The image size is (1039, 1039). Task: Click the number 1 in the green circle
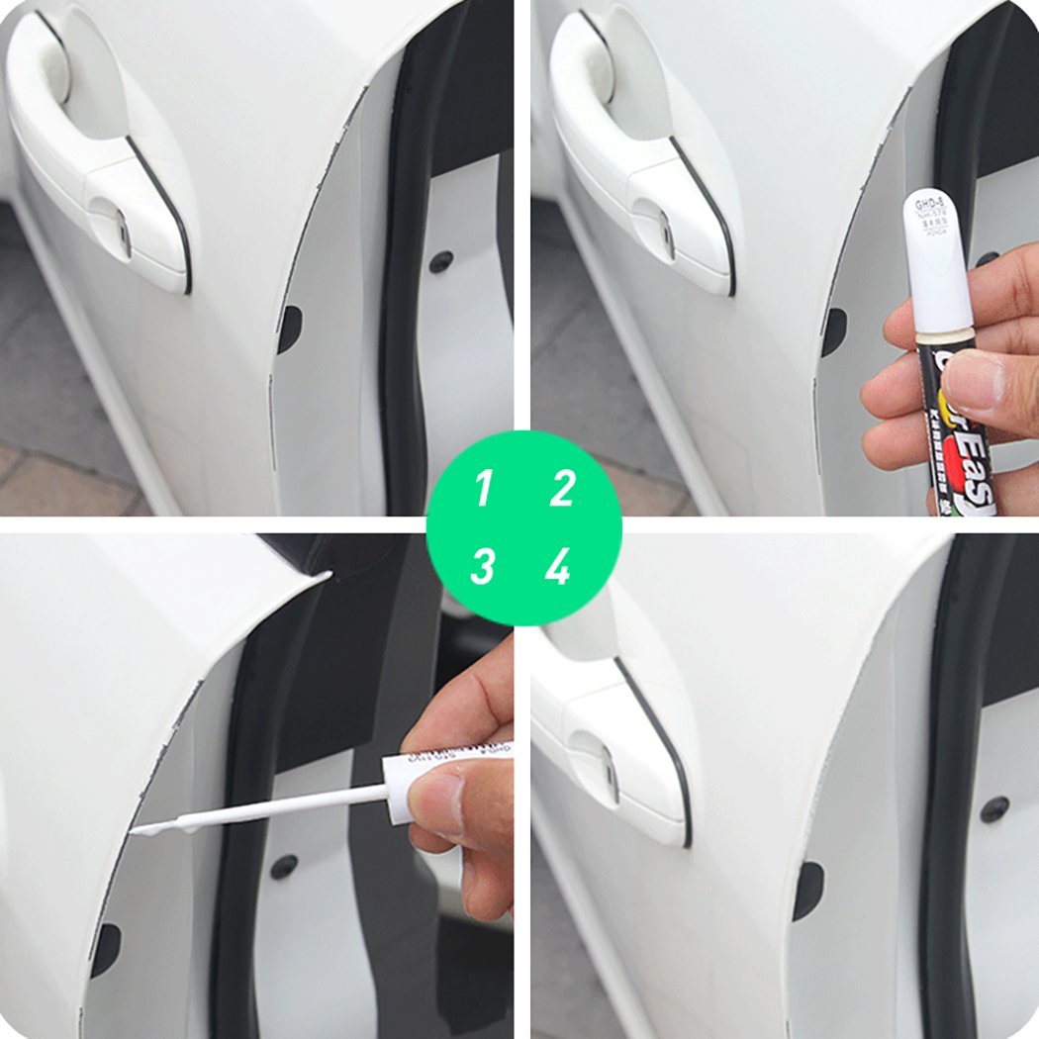[x=483, y=490]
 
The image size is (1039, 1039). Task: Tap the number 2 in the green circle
[x=561, y=490]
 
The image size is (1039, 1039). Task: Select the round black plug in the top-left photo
[x=442, y=262]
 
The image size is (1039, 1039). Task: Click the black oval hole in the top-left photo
[x=289, y=330]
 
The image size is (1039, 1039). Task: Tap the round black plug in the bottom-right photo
[x=994, y=809]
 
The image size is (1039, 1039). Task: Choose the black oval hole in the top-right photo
[x=833, y=331]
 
